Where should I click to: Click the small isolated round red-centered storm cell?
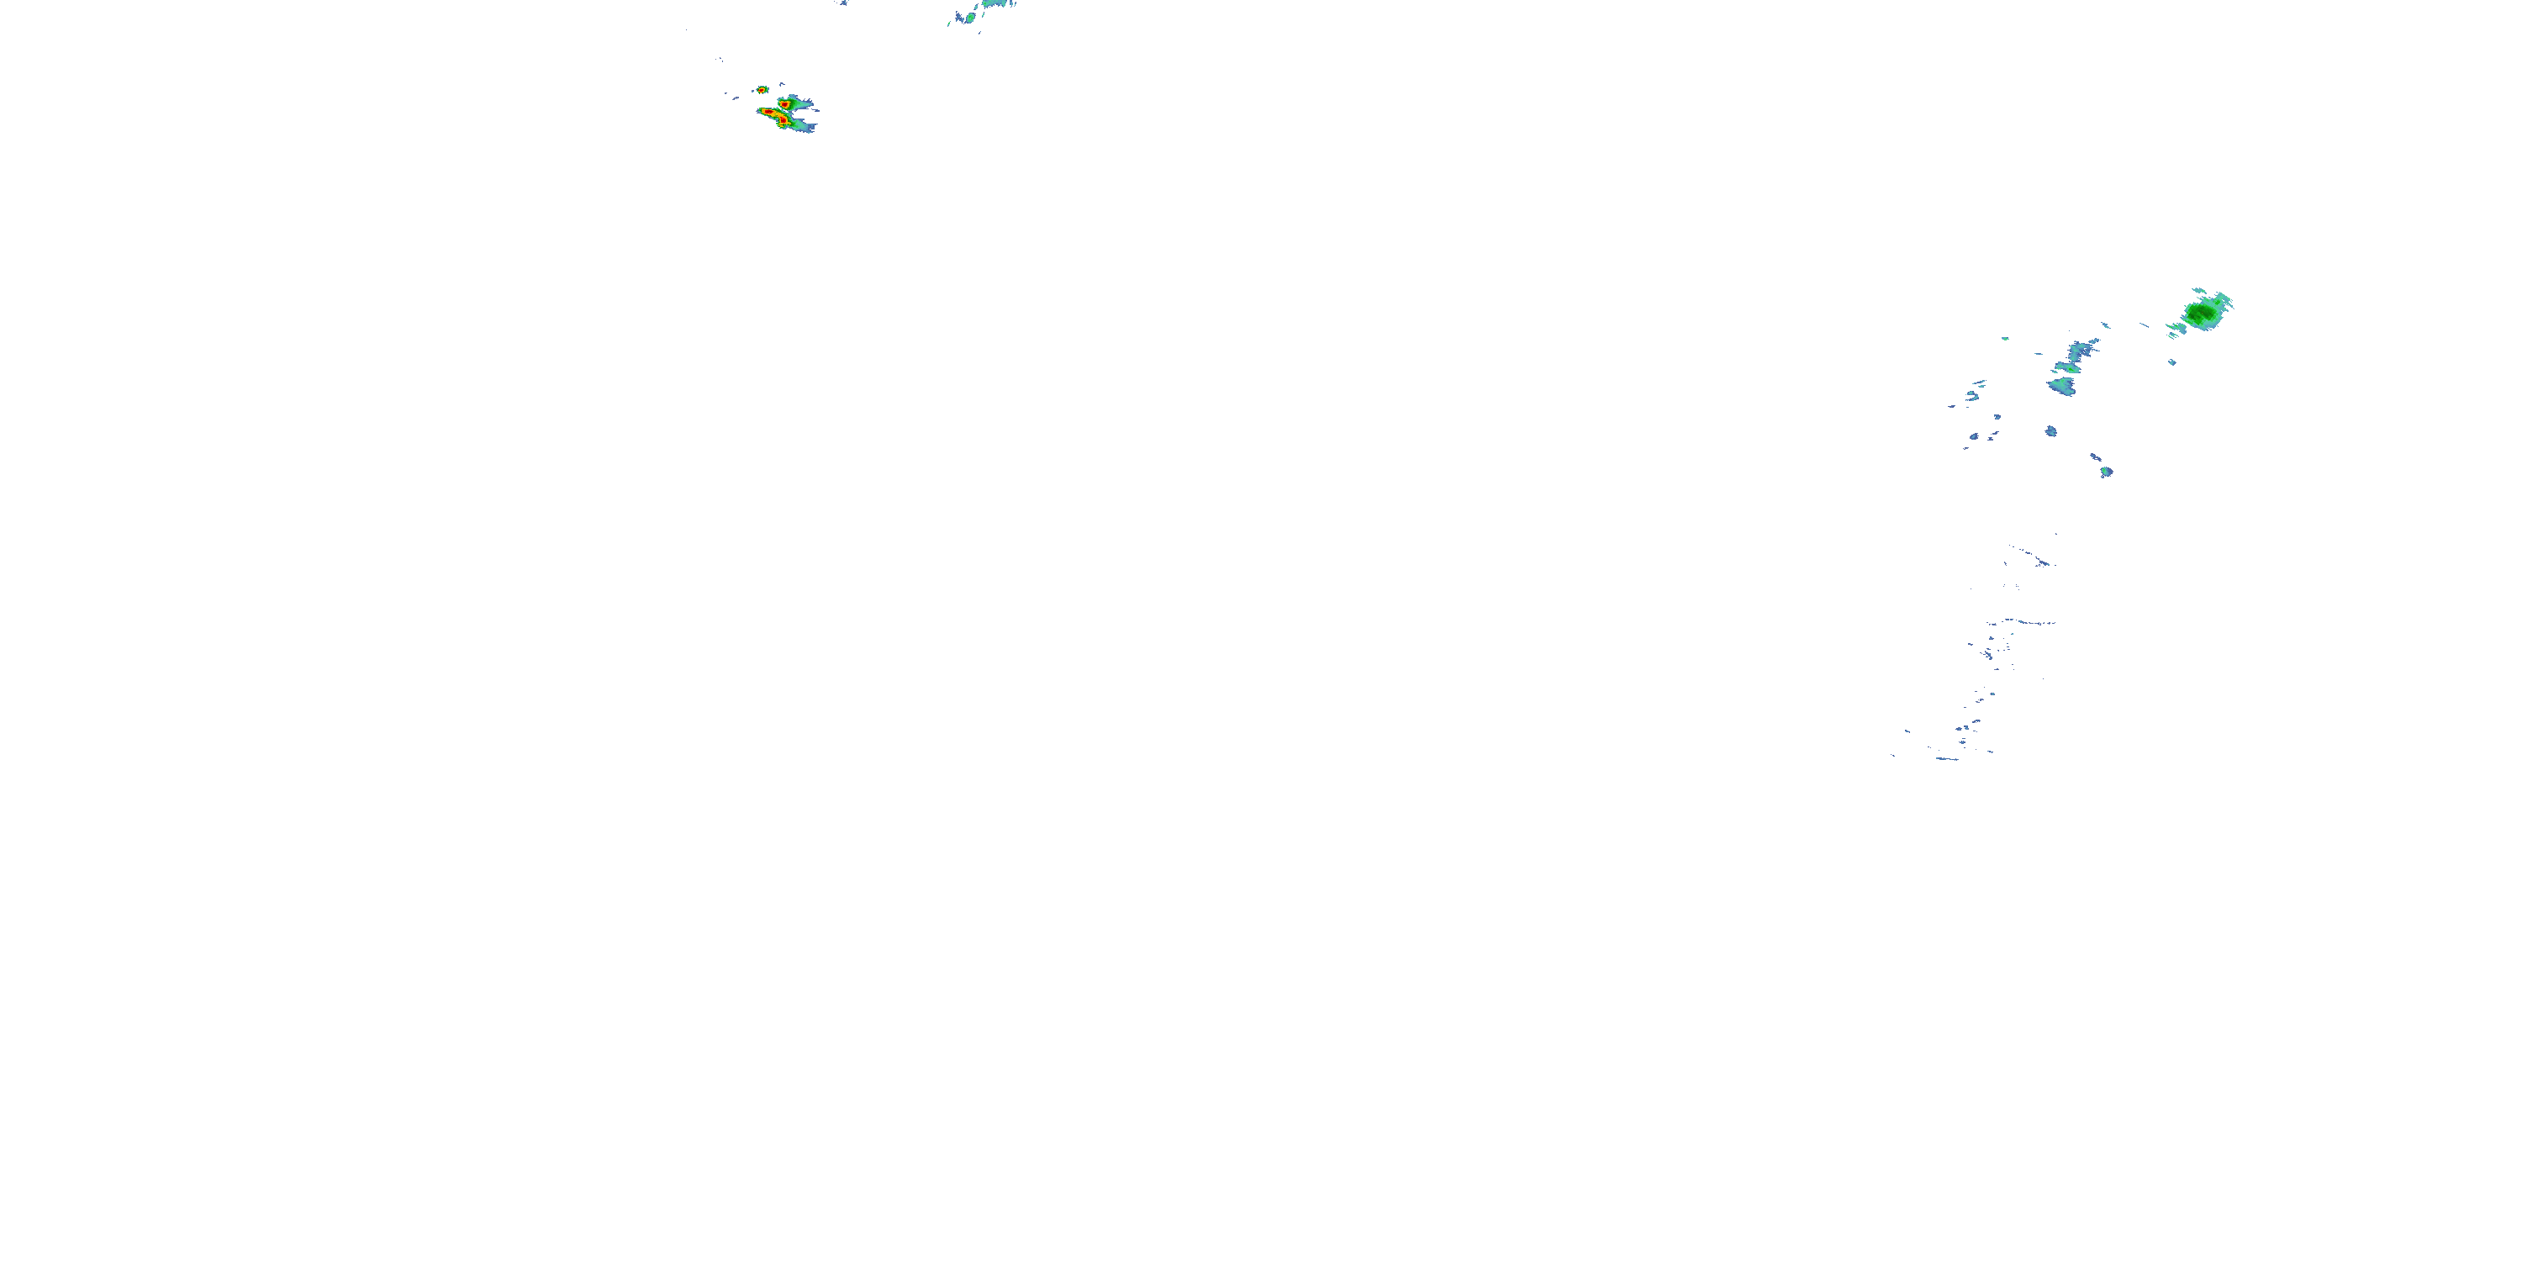(x=762, y=89)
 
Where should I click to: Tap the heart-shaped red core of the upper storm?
(x=784, y=102)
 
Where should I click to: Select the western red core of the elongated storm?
(x=768, y=113)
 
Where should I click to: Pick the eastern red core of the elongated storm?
(x=781, y=119)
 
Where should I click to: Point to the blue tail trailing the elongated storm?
(x=804, y=126)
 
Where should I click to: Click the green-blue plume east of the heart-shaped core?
(x=801, y=101)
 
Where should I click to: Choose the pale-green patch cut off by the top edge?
(x=997, y=4)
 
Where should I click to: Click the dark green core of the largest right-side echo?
(x=2203, y=314)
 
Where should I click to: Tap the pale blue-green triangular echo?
(x=2062, y=385)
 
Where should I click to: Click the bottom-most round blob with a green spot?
(x=2107, y=472)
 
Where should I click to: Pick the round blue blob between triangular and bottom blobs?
(x=2051, y=430)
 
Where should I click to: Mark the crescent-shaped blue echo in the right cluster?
(x=1971, y=394)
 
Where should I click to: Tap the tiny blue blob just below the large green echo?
(x=2171, y=362)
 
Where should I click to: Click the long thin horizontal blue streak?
(x=2023, y=623)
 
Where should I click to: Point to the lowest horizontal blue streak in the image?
(x=1949, y=759)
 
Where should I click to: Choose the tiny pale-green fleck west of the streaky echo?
(x=2005, y=339)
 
